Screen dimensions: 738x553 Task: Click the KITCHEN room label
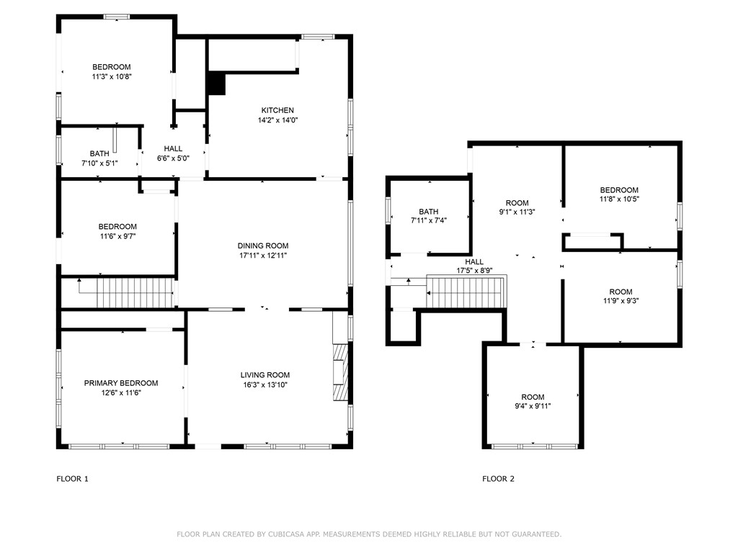tap(277, 110)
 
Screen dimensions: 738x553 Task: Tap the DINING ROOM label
tap(263, 246)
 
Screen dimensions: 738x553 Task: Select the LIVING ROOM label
tap(265, 375)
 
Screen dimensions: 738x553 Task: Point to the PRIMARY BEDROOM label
tap(121, 383)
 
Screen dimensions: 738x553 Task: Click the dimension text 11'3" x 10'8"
tap(112, 76)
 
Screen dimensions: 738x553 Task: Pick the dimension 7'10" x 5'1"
tap(99, 163)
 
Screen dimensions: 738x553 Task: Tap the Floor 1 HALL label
tap(173, 148)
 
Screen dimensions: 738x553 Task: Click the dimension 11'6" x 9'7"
tap(117, 236)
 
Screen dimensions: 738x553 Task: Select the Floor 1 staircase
tap(135, 292)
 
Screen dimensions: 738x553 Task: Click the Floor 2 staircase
tap(466, 292)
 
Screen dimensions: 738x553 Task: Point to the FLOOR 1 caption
tap(73, 479)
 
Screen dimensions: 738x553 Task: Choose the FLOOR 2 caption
tap(499, 479)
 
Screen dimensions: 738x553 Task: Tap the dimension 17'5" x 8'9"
tap(474, 271)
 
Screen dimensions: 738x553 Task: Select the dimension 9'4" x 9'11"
tap(533, 406)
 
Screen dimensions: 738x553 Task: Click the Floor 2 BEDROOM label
tap(619, 190)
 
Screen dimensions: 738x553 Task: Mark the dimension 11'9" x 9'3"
tap(621, 301)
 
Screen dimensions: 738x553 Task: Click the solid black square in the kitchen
tap(216, 84)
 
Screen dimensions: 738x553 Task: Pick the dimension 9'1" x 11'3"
tap(517, 212)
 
